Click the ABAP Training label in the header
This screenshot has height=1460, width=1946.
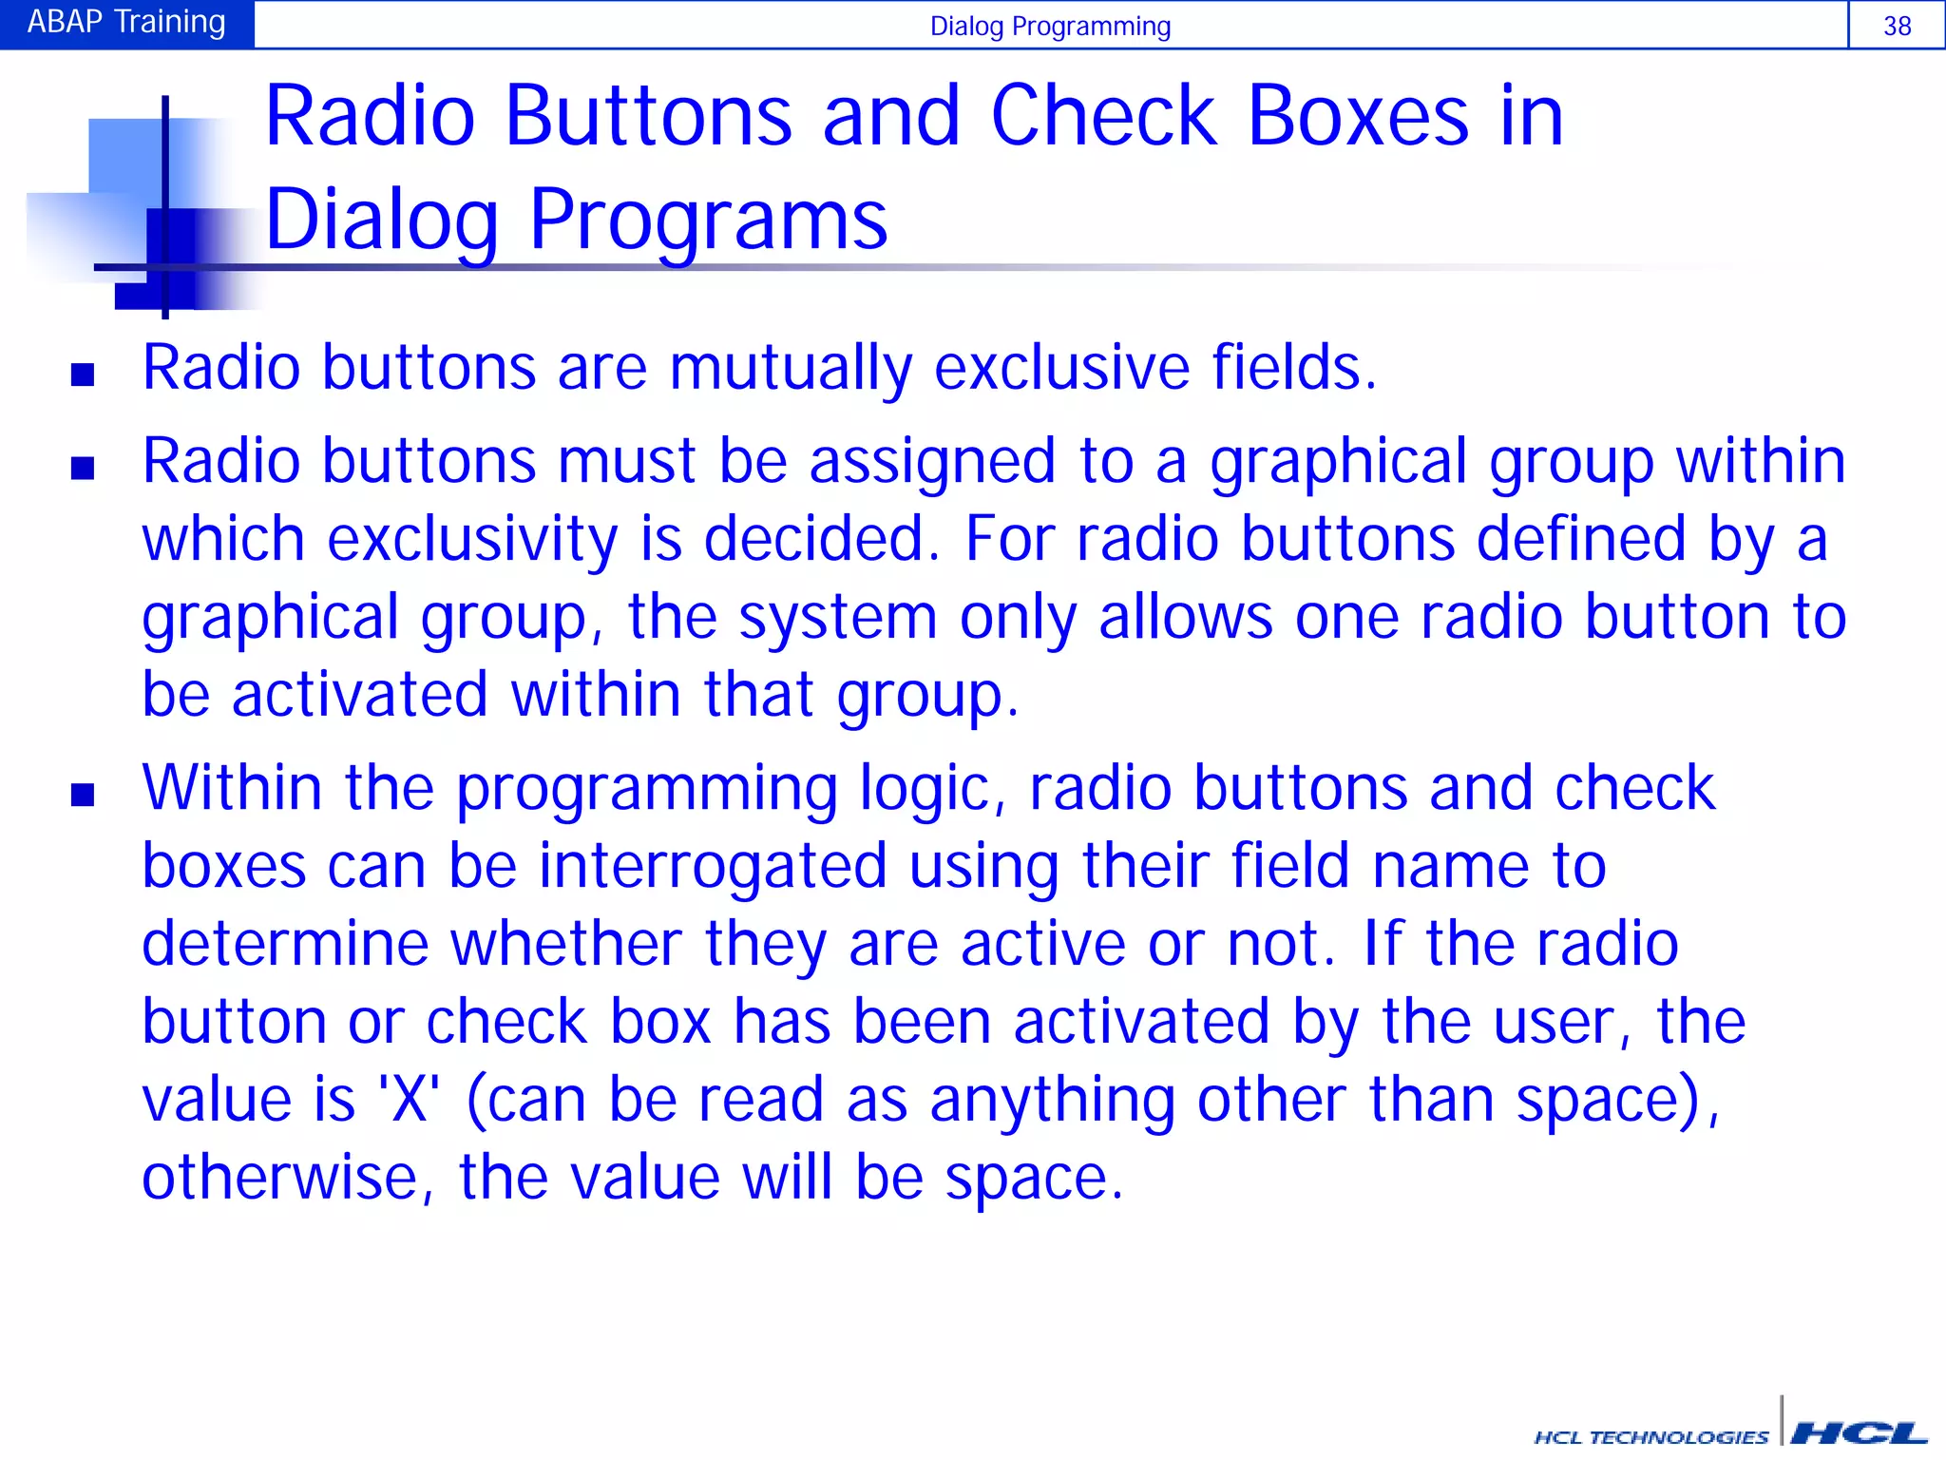(126, 22)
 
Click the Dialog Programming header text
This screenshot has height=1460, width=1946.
(1050, 26)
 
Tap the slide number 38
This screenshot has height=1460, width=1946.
(1897, 26)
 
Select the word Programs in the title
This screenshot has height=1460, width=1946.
(708, 221)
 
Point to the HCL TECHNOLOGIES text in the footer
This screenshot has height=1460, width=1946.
(1651, 1436)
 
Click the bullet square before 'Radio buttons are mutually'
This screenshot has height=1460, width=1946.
(83, 375)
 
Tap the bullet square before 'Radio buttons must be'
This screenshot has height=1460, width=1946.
(83, 468)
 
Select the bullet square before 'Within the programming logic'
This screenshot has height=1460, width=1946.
(83, 795)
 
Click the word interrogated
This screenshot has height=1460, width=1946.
(713, 867)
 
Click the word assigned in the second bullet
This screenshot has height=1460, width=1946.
(932, 462)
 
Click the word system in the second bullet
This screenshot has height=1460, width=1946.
(838, 618)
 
